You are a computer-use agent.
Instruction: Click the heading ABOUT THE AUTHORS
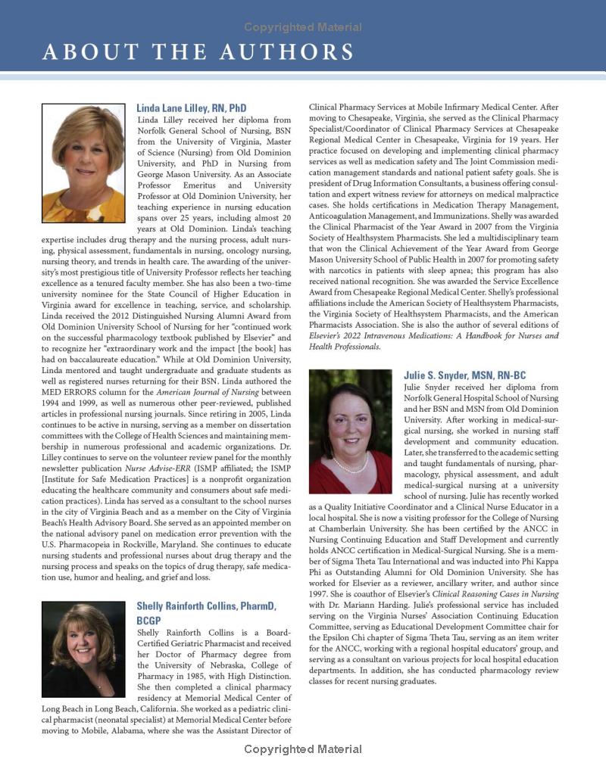click(198, 51)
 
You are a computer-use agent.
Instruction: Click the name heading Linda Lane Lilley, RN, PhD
click(191, 108)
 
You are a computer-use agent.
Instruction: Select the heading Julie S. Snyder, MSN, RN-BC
click(464, 375)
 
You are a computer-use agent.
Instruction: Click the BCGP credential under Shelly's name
click(150, 620)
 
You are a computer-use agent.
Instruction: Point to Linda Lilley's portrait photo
click(83, 163)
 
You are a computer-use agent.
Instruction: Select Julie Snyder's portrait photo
click(351, 431)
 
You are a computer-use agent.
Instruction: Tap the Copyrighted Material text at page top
click(303, 28)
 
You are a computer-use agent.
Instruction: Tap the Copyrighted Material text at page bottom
click(303, 749)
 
